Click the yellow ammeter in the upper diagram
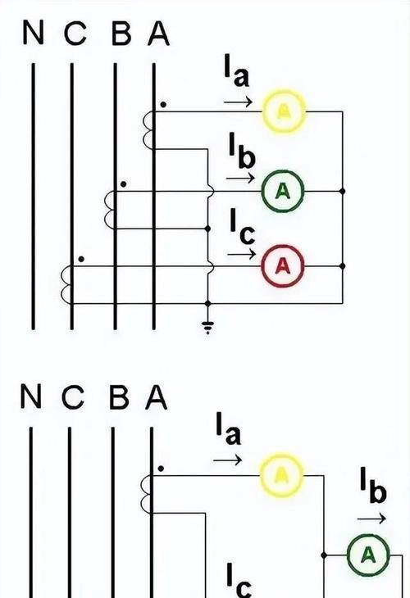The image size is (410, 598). pyautogui.click(x=284, y=111)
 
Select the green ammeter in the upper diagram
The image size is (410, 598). pyautogui.click(x=283, y=191)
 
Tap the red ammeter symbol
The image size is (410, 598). pyautogui.click(x=283, y=265)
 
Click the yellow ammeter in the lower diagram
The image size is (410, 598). pyautogui.click(x=282, y=475)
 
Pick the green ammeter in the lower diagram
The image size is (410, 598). pyautogui.click(x=368, y=555)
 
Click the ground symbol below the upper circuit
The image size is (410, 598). pyautogui.click(x=207, y=327)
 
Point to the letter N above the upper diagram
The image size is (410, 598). pyautogui.click(x=34, y=33)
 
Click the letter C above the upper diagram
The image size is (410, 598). pyautogui.click(x=75, y=33)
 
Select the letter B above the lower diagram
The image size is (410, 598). pyautogui.click(x=119, y=397)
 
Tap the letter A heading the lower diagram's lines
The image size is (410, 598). pyautogui.click(x=156, y=397)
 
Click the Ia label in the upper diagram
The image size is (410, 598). pyautogui.click(x=237, y=71)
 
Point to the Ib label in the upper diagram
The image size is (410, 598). pyautogui.click(x=242, y=150)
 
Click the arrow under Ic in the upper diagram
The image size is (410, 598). pyautogui.click(x=241, y=254)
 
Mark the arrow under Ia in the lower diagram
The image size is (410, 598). pyautogui.click(x=227, y=460)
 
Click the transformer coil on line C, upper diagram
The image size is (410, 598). pyautogui.click(x=66, y=284)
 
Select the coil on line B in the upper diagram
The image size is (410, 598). pyautogui.click(x=110, y=210)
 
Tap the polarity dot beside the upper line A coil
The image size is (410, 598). pyautogui.click(x=163, y=105)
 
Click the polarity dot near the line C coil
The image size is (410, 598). pyautogui.click(x=81, y=259)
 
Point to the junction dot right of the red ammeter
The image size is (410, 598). pyautogui.click(x=343, y=265)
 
